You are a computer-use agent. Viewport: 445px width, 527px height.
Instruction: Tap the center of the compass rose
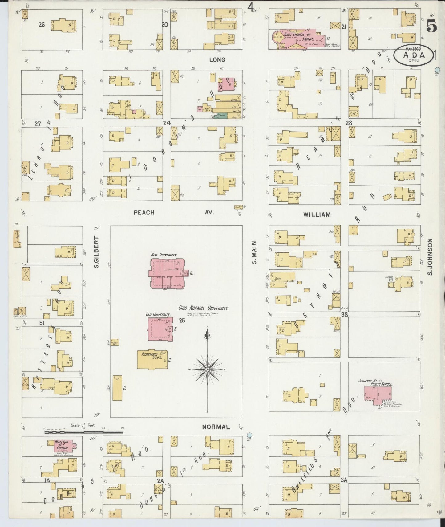pos(207,369)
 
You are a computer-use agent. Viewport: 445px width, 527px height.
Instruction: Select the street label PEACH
pos(144,213)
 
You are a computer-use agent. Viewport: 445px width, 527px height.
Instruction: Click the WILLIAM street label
pos(317,214)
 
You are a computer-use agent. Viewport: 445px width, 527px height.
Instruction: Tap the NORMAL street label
pos(216,427)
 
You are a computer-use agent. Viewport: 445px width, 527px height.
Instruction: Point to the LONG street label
pos(217,60)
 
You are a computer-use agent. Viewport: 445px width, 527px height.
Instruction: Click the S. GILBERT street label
pos(96,252)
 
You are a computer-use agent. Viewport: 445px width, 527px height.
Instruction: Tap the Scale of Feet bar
pos(84,432)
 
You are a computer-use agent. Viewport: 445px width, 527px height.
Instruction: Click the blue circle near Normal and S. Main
pos(249,435)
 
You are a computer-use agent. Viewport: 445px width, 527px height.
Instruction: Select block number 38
pos(344,315)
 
